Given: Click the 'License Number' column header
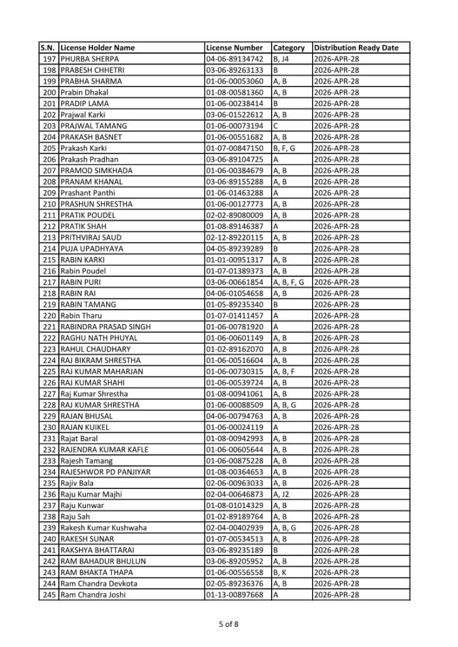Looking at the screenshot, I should pyautogui.click(x=234, y=48).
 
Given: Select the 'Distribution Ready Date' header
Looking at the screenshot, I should pyautogui.click(x=356, y=48).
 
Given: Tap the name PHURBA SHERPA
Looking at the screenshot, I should pyautogui.click(x=90, y=59).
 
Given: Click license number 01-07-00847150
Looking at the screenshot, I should pyautogui.click(x=234, y=148).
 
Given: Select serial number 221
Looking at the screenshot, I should pyautogui.click(x=49, y=327).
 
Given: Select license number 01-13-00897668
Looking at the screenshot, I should pyautogui.click(x=234, y=595).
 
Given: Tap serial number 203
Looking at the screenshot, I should pyautogui.click(x=49, y=126).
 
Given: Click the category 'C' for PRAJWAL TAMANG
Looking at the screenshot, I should pyautogui.click(x=276, y=126).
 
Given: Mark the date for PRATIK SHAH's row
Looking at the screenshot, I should pyautogui.click(x=337, y=226).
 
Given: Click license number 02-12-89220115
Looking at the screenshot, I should pyautogui.click(x=234, y=238).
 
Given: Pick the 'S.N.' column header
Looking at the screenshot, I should pyautogui.click(x=49, y=48).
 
